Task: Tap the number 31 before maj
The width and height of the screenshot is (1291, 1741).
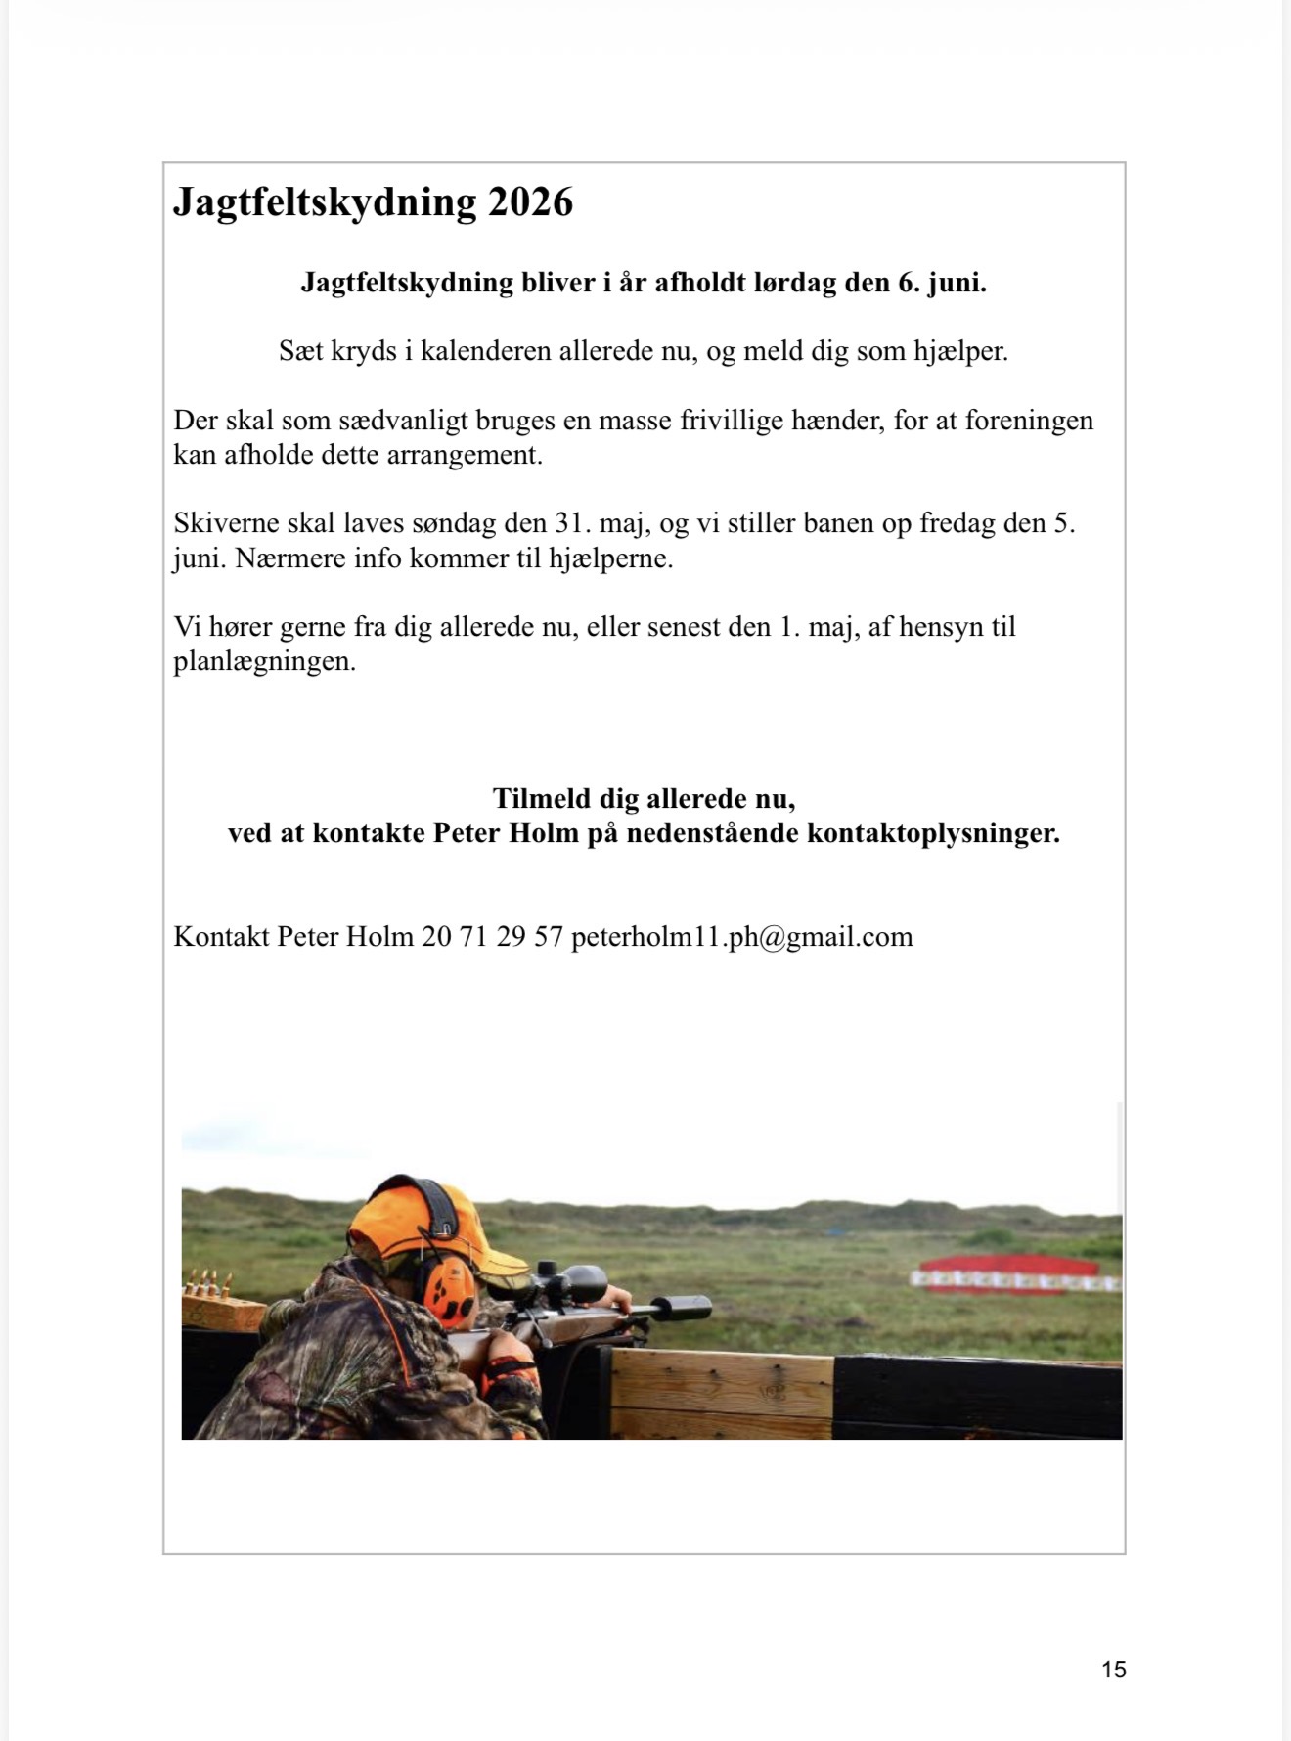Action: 571,523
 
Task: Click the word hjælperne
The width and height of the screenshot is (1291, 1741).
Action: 610,558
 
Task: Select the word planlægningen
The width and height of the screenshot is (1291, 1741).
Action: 264,661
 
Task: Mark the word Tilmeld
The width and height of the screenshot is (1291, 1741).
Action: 542,799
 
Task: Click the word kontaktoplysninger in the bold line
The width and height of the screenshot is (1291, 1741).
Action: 933,833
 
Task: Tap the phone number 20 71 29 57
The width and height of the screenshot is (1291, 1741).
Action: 492,937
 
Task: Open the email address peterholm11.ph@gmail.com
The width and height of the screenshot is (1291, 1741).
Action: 741,937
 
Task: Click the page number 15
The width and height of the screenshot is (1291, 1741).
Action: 1114,1670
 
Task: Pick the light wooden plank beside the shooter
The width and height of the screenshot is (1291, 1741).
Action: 722,1389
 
